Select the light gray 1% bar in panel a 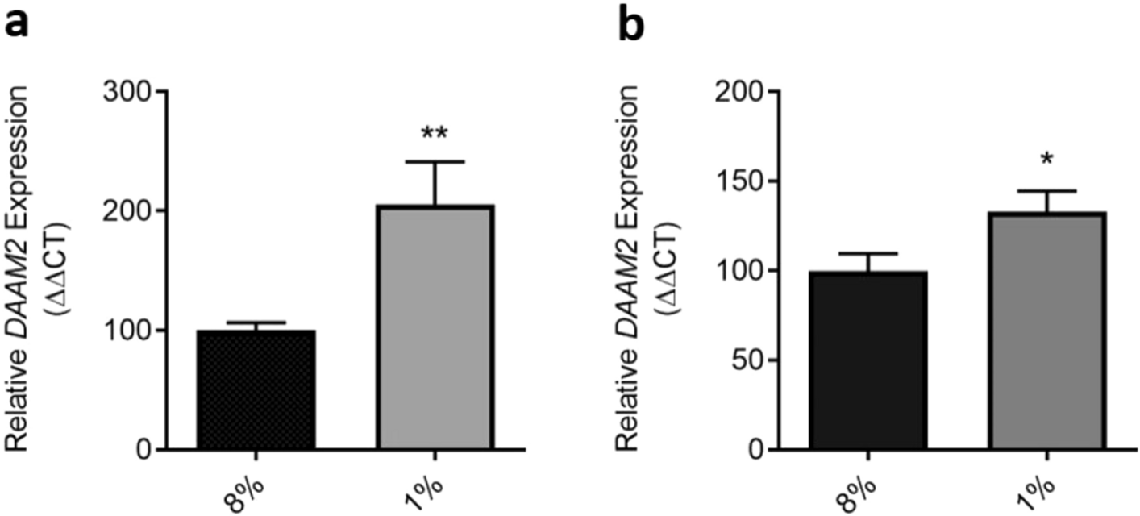(435, 327)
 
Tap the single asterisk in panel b (1046, 157)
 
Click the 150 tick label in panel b (740, 181)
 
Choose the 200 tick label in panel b (740, 90)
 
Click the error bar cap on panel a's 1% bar (435, 162)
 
